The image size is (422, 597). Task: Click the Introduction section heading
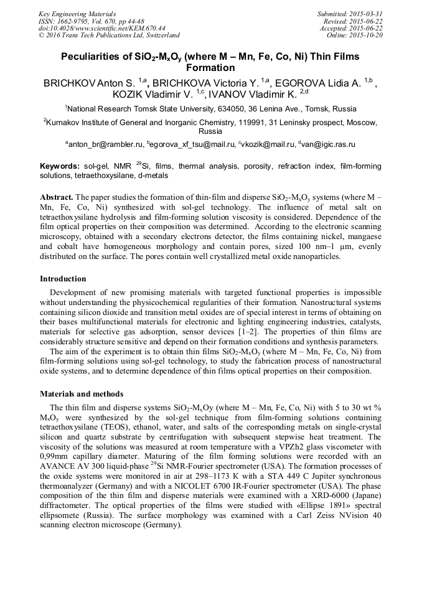point(63,279)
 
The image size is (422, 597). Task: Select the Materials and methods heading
point(82,394)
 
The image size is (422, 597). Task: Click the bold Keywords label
point(59,166)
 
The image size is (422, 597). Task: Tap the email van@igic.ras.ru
point(328,144)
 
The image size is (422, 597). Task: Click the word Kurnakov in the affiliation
point(65,123)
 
